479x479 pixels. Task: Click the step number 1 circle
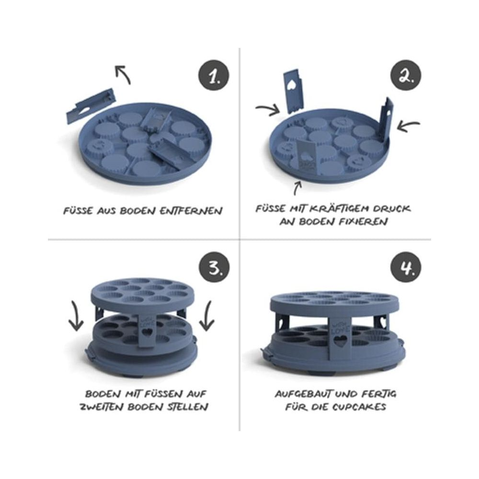coord(214,76)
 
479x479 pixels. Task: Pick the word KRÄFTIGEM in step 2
coord(336,209)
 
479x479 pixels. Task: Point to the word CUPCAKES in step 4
coord(358,407)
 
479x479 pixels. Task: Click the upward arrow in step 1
coord(123,74)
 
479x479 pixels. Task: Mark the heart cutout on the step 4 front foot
coord(340,341)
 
